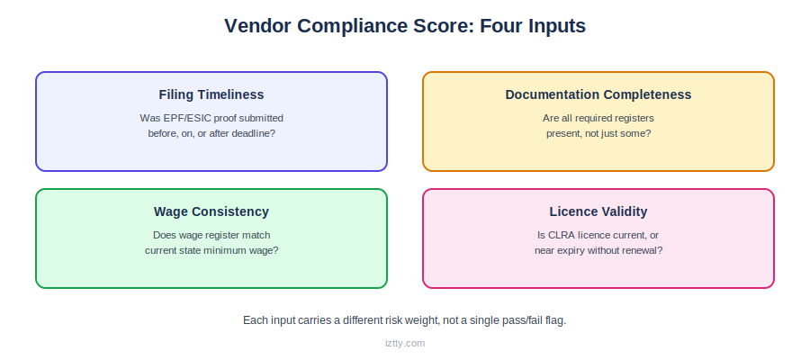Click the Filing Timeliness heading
point(211,94)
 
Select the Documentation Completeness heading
point(598,94)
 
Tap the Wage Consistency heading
point(211,211)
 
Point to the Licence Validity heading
point(598,211)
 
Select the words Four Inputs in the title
point(533,25)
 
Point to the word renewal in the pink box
point(644,250)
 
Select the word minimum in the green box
point(231,250)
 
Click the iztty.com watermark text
point(405,343)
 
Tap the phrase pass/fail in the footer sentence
point(521,320)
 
